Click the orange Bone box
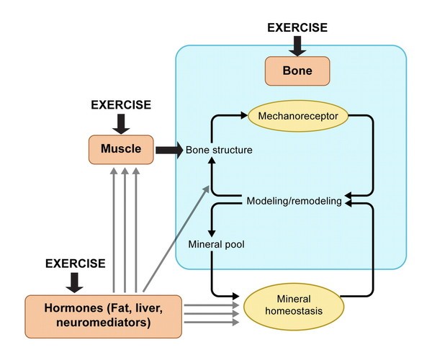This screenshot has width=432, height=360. click(297, 72)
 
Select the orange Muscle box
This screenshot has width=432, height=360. click(121, 150)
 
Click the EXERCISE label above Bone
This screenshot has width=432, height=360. click(297, 27)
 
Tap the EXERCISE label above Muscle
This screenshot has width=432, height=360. click(121, 105)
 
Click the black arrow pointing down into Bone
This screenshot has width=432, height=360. click(297, 45)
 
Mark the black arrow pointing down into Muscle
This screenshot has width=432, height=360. click(121, 123)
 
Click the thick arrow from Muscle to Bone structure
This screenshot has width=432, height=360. click(168, 150)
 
